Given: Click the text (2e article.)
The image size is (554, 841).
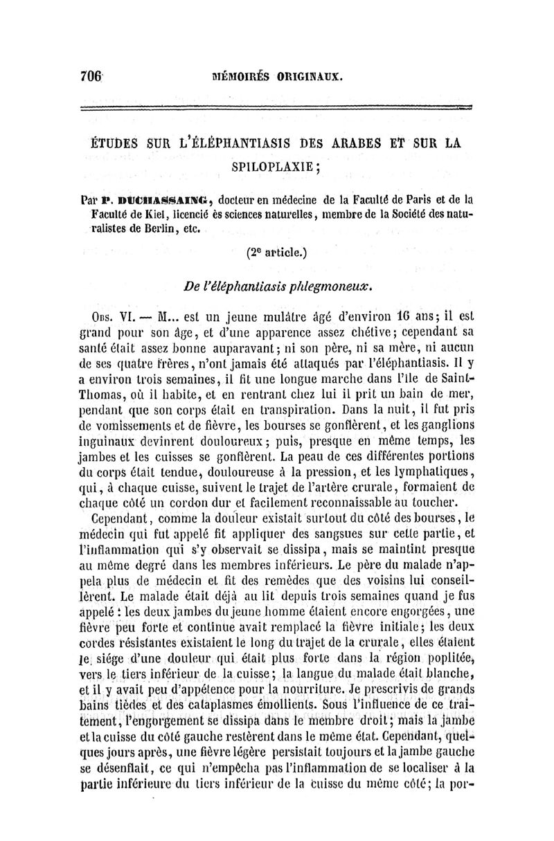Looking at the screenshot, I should coord(276,253).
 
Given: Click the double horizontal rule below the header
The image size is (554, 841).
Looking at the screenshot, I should coord(276,107).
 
